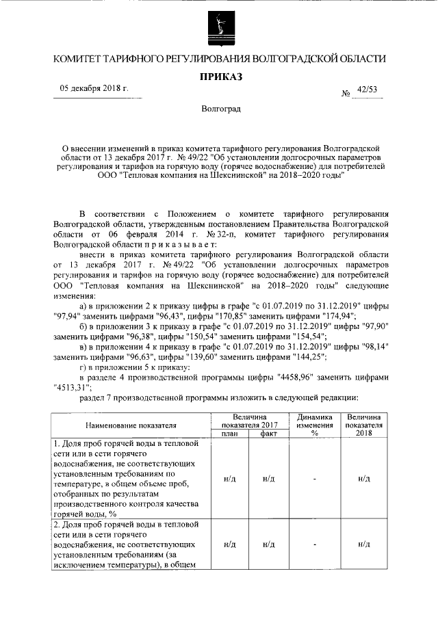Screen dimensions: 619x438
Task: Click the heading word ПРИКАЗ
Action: [x=220, y=77]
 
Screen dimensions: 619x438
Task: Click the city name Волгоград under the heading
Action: [x=220, y=109]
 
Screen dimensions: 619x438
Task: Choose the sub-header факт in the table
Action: [x=269, y=434]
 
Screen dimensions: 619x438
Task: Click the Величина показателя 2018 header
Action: [x=363, y=424]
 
